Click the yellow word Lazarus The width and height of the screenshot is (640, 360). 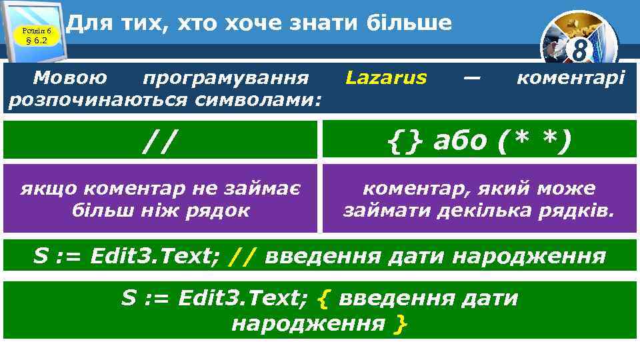tap(386, 78)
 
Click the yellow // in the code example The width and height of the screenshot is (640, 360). tap(242, 256)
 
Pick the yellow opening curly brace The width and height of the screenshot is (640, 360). tap(324, 298)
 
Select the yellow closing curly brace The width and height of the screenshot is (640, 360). tap(400, 324)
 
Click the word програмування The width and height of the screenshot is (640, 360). tap(226, 78)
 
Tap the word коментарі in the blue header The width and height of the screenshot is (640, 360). tap(571, 78)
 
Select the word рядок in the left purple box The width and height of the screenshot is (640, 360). tap(219, 211)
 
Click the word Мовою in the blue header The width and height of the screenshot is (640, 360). tap(69, 78)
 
